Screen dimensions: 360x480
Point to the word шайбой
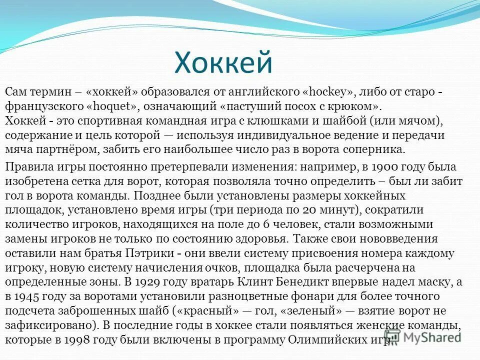[x=325, y=121]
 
